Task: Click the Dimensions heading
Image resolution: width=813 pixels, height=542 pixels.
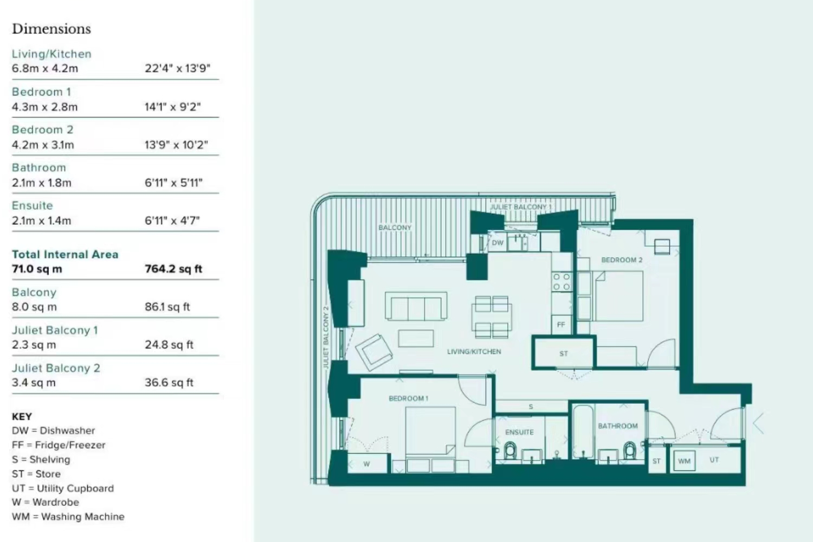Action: tap(51, 29)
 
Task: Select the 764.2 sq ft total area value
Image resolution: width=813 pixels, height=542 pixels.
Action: tap(173, 269)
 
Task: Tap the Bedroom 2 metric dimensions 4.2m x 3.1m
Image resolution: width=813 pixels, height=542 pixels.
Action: tap(43, 145)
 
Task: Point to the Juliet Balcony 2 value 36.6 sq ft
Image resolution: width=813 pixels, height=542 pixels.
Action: tap(169, 383)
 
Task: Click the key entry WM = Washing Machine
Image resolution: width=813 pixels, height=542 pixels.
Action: tap(68, 517)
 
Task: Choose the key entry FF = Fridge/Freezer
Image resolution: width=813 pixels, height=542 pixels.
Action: tap(59, 445)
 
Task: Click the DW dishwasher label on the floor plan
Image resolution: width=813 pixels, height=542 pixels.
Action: tap(498, 242)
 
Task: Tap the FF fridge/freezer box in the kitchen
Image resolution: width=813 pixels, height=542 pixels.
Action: tap(561, 325)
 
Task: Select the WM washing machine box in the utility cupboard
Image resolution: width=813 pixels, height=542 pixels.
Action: tap(684, 461)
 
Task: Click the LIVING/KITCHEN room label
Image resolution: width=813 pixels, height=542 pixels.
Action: tap(474, 351)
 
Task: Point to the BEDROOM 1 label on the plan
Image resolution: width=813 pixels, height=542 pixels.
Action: tap(408, 398)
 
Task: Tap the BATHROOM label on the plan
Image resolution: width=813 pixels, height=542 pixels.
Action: tap(618, 426)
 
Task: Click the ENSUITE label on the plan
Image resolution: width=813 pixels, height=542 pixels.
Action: tap(519, 432)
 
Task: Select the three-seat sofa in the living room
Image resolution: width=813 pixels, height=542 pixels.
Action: tap(416, 306)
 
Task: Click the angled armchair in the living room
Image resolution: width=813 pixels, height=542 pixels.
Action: tap(374, 352)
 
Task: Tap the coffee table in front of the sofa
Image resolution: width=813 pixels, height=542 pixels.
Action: tap(416, 338)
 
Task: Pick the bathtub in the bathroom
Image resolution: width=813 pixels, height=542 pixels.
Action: tap(583, 432)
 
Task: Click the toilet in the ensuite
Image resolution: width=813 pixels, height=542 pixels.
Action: tap(511, 450)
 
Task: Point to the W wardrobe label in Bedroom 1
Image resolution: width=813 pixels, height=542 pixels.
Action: tap(366, 464)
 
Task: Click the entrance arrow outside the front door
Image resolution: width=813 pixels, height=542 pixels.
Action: tap(759, 423)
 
